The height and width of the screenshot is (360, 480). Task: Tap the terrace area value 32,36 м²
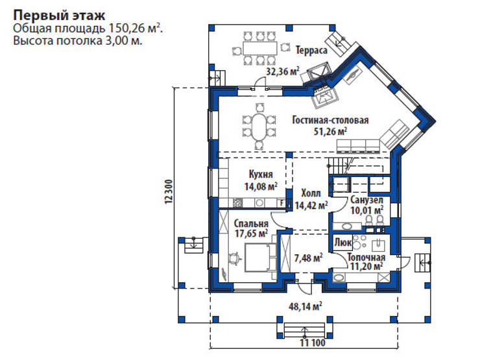point(283,71)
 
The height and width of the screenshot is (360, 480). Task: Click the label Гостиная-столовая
point(330,120)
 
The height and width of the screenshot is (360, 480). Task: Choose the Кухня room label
point(260,174)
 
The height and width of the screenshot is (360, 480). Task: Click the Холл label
point(311,193)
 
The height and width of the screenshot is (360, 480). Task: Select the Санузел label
point(367,200)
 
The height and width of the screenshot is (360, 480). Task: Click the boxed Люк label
point(343,243)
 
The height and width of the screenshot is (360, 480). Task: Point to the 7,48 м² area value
point(309,258)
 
